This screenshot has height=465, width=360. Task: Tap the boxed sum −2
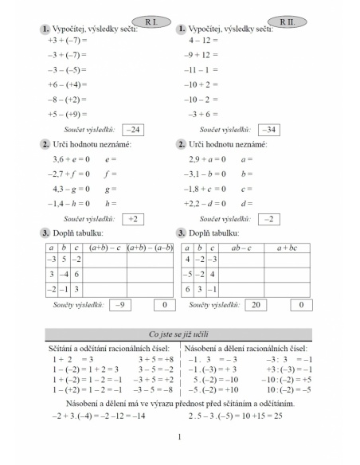tap(270, 218)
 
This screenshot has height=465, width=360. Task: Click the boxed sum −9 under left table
tap(120, 305)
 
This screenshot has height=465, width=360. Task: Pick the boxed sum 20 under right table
tap(257, 305)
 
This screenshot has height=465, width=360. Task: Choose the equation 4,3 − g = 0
tap(70, 189)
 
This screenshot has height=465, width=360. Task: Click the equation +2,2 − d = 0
tap(205, 203)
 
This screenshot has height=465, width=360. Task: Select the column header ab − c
tap(236, 248)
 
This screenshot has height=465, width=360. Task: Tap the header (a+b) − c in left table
tap(104, 248)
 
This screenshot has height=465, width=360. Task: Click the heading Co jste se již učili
tap(179, 334)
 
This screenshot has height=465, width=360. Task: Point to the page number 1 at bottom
tap(180, 436)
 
